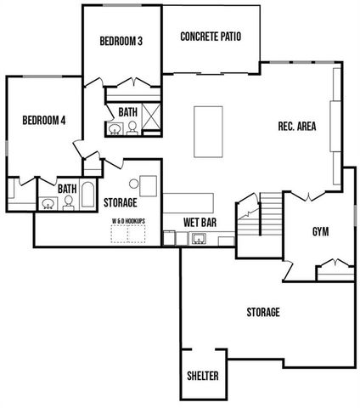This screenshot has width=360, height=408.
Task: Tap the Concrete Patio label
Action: tap(211, 37)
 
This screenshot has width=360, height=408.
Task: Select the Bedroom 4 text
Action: tap(43, 120)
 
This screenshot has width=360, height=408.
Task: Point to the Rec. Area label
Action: tap(297, 127)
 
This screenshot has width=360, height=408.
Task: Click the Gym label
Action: tap(320, 232)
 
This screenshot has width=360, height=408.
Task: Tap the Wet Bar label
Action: tap(200, 223)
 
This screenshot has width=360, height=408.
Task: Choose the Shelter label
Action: tap(202, 376)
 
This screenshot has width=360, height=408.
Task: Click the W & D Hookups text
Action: tap(129, 219)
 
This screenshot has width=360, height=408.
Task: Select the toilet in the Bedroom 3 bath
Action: tap(132, 128)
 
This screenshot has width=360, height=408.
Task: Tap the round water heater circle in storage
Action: tap(134, 184)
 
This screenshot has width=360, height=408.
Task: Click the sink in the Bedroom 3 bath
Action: tap(115, 129)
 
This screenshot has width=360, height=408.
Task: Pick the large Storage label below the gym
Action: tap(263, 313)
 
